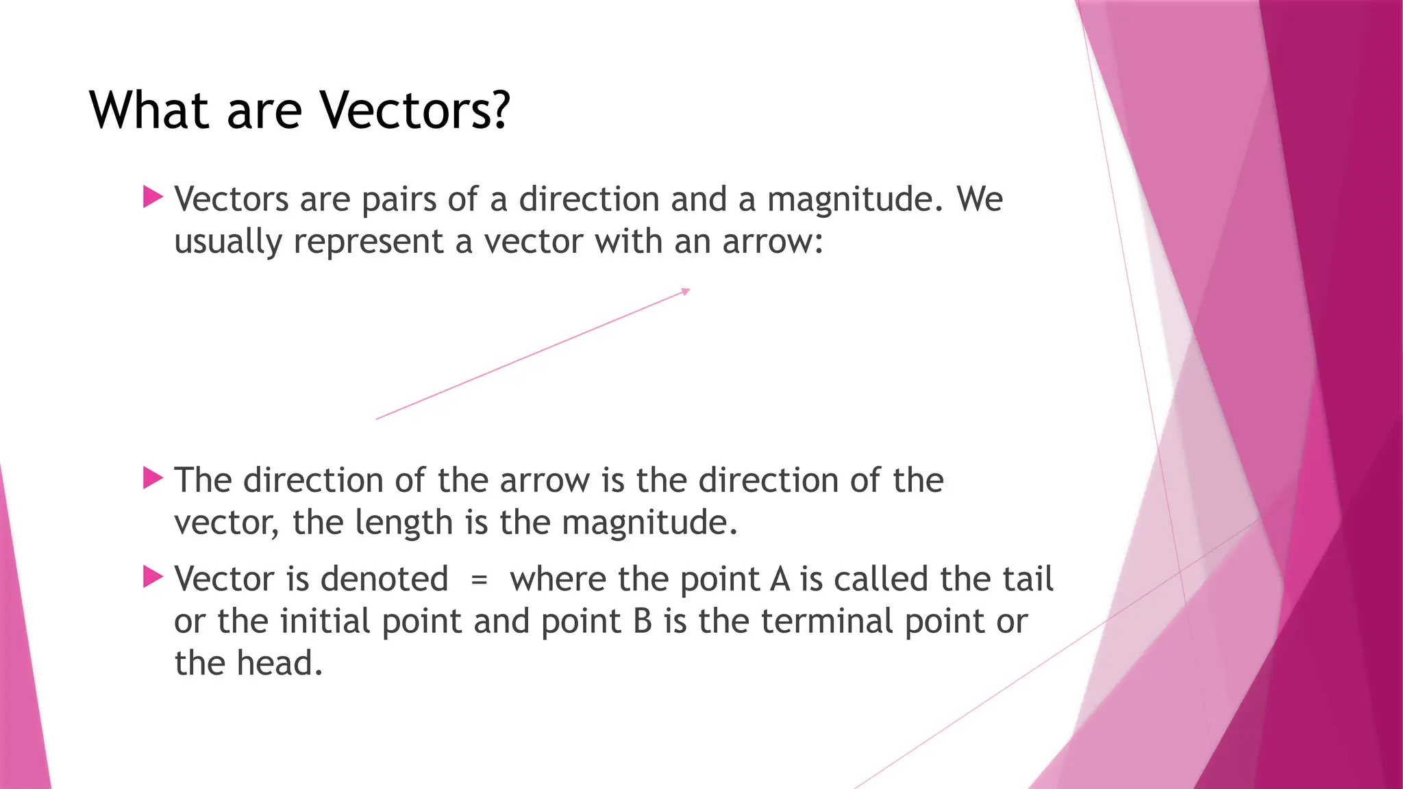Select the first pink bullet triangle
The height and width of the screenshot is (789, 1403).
click(x=153, y=197)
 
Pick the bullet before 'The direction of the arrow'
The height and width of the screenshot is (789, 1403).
click(x=153, y=478)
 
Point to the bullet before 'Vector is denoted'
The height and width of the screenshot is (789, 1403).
click(x=153, y=577)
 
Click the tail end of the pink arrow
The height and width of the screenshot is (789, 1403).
click(x=378, y=418)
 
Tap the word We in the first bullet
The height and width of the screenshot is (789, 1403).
click(x=980, y=199)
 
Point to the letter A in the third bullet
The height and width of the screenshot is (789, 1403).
click(x=780, y=579)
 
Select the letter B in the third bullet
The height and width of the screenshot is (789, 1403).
click(x=643, y=622)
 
